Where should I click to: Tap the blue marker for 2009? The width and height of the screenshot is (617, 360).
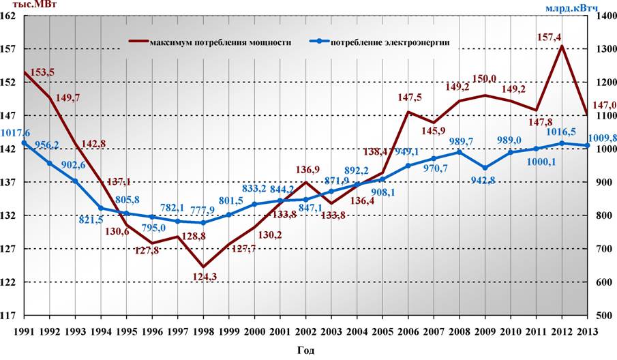pyautogui.click(x=485, y=168)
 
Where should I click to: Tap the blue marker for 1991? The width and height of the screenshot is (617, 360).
pyautogui.click(x=24, y=143)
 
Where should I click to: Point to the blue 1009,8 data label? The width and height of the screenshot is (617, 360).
pyautogui.click(x=603, y=138)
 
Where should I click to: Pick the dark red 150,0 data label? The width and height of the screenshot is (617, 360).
pyautogui.click(x=485, y=80)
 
